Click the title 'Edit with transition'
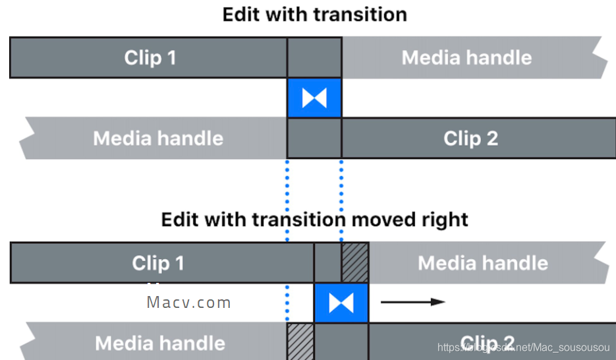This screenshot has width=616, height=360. point(314,15)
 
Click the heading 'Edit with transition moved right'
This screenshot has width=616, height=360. point(314,219)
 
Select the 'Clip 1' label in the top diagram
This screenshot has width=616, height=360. point(150,57)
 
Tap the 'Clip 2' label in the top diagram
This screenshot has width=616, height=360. point(470,138)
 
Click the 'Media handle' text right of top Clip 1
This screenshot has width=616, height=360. point(466,57)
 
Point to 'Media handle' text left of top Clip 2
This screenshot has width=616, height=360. point(158,138)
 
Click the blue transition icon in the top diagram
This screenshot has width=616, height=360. point(314,98)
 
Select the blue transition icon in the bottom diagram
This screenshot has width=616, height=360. point(341,303)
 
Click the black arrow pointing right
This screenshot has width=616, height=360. point(413,302)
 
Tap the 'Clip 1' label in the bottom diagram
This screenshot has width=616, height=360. point(158,263)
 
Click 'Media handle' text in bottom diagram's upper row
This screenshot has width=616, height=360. point(483,263)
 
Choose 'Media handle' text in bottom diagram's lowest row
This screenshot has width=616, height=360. point(160,343)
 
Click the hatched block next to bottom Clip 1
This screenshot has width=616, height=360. point(355,262)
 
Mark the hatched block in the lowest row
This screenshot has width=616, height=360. point(300,342)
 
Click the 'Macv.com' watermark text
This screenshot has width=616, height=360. point(188,303)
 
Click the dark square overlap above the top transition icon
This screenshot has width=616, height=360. point(314,57)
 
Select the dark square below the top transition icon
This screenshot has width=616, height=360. point(314,138)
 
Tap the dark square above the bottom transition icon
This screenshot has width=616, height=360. point(327,262)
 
